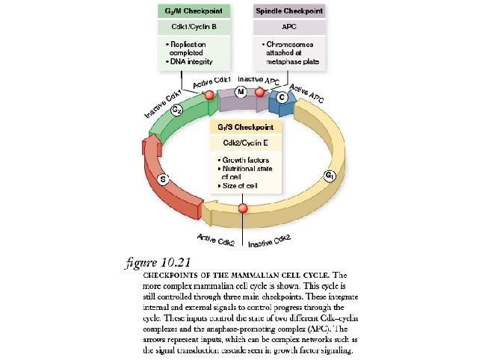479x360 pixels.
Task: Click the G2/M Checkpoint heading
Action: pos(194,12)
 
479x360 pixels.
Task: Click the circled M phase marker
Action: pos(240,91)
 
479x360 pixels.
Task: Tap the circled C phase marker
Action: pos(281,98)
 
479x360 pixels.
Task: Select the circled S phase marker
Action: pos(164,179)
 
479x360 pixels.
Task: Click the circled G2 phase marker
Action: pos(177,110)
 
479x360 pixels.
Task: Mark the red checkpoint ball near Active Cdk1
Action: pos(209,95)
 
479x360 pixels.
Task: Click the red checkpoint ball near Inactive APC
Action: pos(260,93)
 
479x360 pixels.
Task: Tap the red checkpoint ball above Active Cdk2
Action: pos(241,208)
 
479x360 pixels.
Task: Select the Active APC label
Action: pos(306,93)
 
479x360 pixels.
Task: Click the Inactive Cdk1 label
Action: pos(163,104)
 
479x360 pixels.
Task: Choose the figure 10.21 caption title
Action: pos(159,263)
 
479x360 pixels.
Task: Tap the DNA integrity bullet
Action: pos(193,61)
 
